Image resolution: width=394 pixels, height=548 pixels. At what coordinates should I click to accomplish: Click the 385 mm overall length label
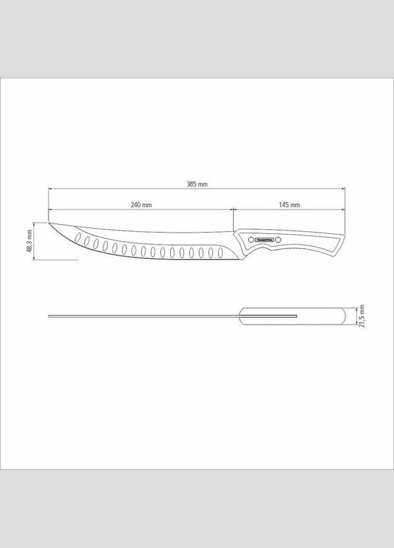tap(197, 184)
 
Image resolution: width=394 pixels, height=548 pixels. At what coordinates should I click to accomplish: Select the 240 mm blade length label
tap(141, 205)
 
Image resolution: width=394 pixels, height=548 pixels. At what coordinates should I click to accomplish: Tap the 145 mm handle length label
tap(289, 205)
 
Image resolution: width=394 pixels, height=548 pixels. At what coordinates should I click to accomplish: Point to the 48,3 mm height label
tap(30, 241)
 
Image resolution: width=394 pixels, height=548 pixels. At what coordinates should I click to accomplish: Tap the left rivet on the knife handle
tap(250, 239)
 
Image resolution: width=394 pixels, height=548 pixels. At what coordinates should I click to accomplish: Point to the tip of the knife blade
tap(49, 222)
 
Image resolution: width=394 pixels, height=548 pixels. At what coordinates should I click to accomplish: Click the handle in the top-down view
tap(293, 317)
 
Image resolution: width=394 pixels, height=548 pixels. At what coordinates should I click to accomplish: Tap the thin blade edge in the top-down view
tap(145, 317)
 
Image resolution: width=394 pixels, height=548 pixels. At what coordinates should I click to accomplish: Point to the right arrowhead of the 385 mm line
tap(343, 190)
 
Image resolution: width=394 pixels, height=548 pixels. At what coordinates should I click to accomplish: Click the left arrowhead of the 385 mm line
tap(50, 190)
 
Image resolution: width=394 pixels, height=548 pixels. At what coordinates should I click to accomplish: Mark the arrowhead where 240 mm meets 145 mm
tap(231, 210)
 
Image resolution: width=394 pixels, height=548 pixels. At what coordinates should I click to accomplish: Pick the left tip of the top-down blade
tap(49, 317)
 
